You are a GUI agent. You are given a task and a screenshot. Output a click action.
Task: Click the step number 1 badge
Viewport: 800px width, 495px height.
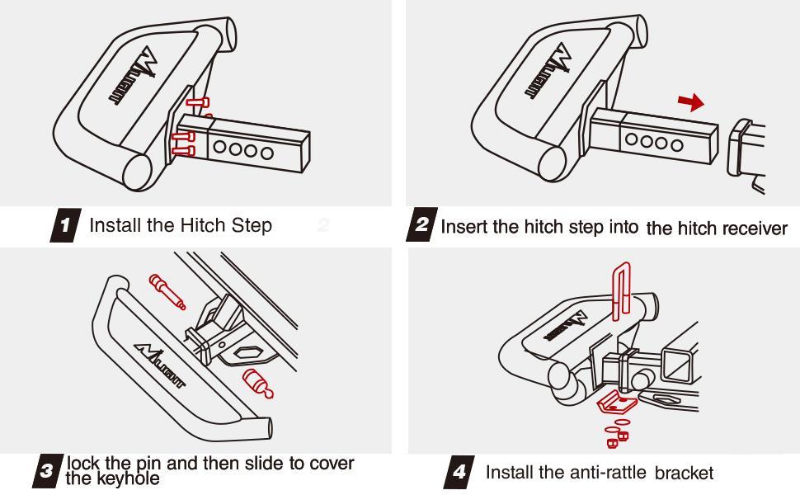point(65,225)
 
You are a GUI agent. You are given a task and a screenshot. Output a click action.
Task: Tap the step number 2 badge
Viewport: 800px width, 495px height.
point(421,226)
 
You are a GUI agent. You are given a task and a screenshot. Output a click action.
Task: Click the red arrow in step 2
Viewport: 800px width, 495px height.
point(690,102)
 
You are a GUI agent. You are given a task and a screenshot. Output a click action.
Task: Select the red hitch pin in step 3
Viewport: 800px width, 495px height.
point(166,291)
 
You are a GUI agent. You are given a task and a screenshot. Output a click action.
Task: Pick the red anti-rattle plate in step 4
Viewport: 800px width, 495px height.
point(614,403)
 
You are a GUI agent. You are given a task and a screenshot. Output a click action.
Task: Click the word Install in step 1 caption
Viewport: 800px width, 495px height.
point(115,225)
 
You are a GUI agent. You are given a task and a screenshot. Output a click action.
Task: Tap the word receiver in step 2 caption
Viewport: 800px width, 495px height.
point(755,229)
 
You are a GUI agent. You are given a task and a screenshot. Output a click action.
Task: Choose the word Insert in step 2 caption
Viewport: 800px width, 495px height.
point(464,227)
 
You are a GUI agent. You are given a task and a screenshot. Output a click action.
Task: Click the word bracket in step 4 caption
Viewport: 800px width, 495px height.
point(684,474)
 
